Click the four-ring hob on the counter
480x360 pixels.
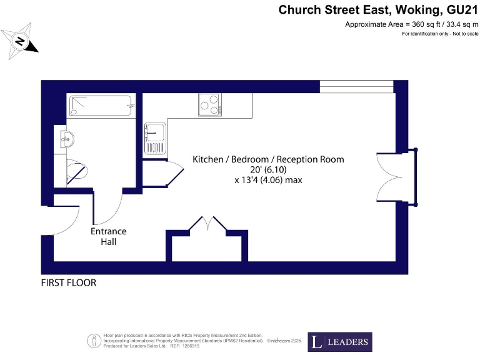pyautogui.click(x=210, y=104)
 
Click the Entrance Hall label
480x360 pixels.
pyautogui.click(x=108, y=236)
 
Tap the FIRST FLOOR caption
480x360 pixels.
pyautogui.click(x=69, y=283)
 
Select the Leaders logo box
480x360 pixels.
pyautogui.click(x=339, y=342)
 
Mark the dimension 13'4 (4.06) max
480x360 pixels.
pyautogui.click(x=267, y=181)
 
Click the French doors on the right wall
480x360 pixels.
pyautogui.click(x=397, y=177)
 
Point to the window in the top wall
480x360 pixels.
pyautogui.click(x=356, y=86)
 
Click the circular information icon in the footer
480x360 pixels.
pyautogui.click(x=93, y=341)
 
